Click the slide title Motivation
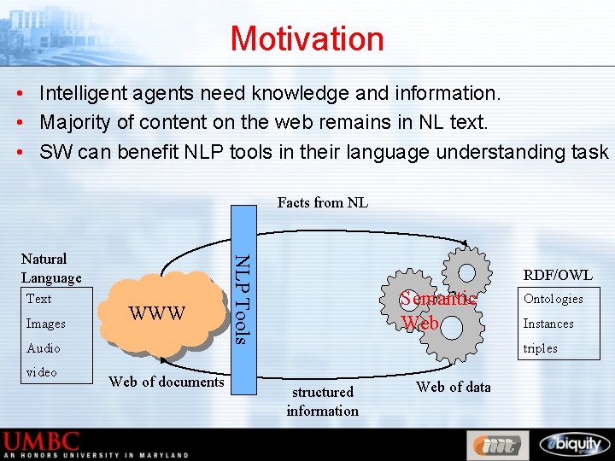coord(307,38)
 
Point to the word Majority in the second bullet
coord(73,122)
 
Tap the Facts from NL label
coord(322,202)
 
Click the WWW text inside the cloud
coord(156,313)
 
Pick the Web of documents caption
coord(167,382)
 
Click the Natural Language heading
coord(51,268)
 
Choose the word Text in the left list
coord(39,299)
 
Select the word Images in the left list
coord(46,324)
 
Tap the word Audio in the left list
coord(44,348)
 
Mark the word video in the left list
coord(42,372)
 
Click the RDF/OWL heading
coord(558,275)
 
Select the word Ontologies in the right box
coord(553,299)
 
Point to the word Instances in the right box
coord(548,324)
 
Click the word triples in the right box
coord(541,348)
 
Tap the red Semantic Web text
coord(437,311)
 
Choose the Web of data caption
coord(454,387)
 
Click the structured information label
coord(322,401)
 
